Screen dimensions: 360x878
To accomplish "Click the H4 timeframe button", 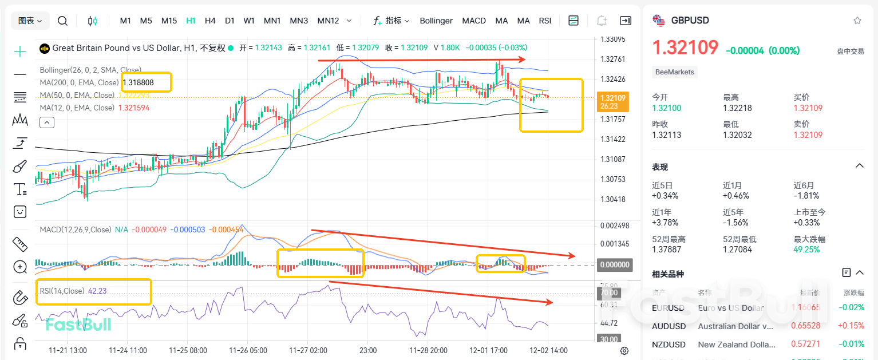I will tap(210, 21).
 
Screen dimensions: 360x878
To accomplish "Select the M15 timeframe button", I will tap(169, 21).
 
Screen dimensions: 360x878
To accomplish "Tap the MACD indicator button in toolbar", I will tap(474, 21).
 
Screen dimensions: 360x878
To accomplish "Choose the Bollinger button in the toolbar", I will tap(436, 21).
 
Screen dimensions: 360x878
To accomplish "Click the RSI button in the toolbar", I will tap(545, 21).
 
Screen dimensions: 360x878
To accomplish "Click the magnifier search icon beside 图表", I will tap(63, 21).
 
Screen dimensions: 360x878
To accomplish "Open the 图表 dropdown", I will tap(30, 21).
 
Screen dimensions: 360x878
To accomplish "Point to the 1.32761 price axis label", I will tap(612, 59).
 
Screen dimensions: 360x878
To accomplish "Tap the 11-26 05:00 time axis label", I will tap(247, 350).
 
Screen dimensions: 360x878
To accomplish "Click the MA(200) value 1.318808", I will tap(138, 82).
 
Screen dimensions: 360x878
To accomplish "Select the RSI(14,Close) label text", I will tap(62, 291).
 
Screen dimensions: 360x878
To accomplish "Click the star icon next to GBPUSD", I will tap(857, 21).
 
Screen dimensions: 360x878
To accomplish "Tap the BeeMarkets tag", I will tap(675, 72).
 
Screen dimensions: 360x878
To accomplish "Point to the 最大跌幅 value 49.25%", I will tap(807, 250).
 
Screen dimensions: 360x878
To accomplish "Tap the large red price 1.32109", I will tap(685, 48).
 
